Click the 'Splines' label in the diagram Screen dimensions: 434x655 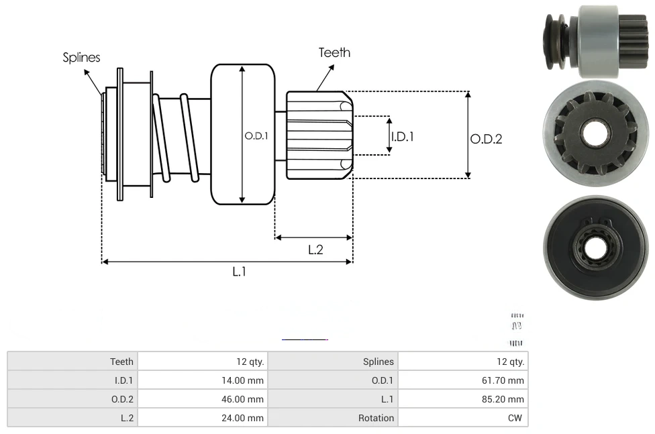[x=81, y=58]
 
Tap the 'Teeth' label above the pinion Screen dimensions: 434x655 [x=334, y=52]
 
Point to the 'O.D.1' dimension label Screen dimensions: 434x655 [x=256, y=135]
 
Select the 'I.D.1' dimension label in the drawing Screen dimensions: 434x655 [x=403, y=136]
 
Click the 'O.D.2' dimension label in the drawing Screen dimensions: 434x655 [x=486, y=139]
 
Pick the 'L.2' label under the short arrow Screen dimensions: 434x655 [x=315, y=250]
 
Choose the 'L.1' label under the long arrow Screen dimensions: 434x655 [x=240, y=271]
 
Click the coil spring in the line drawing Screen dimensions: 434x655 [x=176, y=138]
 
